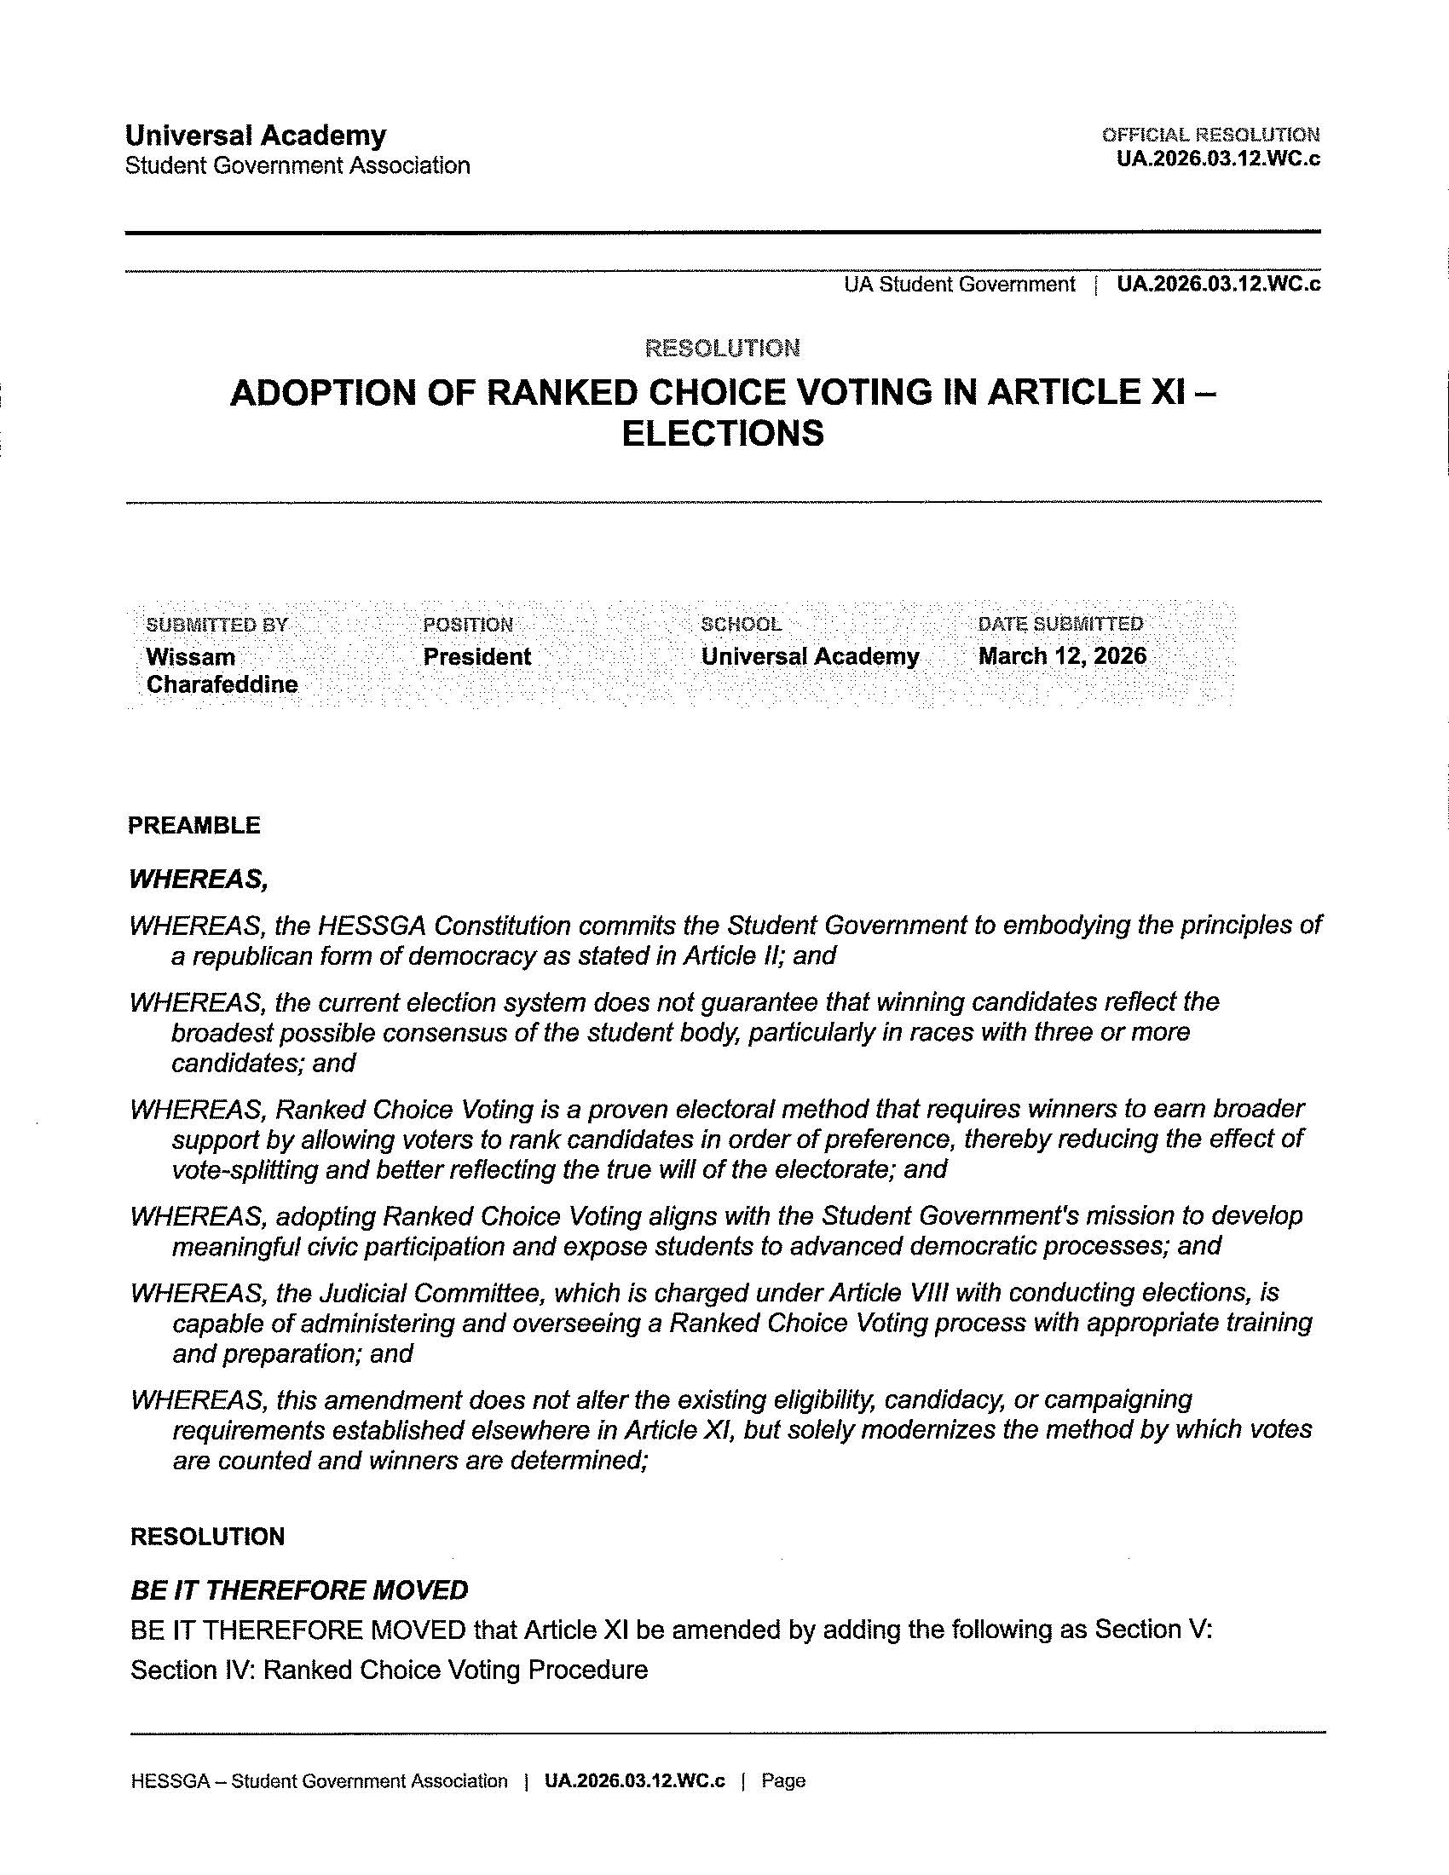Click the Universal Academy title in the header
255,136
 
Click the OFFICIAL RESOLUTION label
1210,135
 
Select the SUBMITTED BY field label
217,625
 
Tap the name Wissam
191,657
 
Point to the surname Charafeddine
222,684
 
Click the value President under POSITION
476,657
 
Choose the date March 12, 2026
1062,656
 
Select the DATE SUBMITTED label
1060,624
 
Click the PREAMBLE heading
194,825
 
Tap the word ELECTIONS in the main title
722,433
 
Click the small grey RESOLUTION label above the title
722,349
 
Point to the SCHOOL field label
741,624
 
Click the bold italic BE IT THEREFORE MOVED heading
298,1591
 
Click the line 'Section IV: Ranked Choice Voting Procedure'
389,1670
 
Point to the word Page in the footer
782,1781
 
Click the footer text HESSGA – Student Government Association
320,1781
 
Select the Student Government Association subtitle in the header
297,165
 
